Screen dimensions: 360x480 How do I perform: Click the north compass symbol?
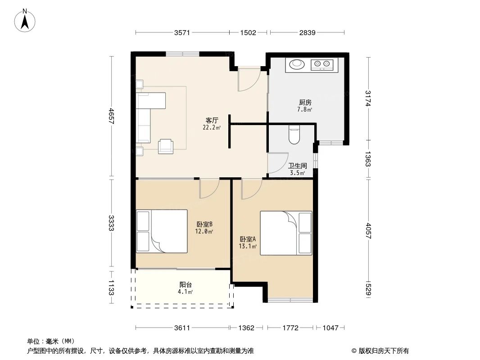[26, 21]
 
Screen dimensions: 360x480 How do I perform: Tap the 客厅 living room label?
[212, 121]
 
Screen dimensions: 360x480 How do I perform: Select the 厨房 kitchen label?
[304, 102]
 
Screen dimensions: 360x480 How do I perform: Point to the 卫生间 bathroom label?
[298, 166]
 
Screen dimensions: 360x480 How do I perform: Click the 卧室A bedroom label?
[248, 239]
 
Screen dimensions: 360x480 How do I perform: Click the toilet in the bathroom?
[294, 135]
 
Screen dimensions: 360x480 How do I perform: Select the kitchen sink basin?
[296, 64]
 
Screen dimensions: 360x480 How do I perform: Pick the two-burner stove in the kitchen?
[322, 65]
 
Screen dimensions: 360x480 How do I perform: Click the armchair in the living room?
[166, 146]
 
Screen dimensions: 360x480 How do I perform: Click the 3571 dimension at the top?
[182, 32]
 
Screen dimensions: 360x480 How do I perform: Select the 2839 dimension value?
[307, 32]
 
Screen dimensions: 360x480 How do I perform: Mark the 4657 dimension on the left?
[111, 117]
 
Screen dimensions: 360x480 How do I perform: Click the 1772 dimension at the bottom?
[291, 328]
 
